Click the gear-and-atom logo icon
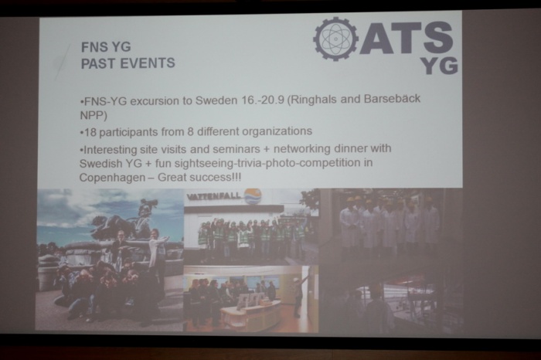click(335, 39)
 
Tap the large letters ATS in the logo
click(406, 38)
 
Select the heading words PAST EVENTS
click(128, 63)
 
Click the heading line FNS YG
click(106, 47)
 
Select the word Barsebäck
click(392, 99)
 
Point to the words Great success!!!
click(199, 177)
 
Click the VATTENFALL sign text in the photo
click(213, 196)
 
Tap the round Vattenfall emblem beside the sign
click(253, 196)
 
